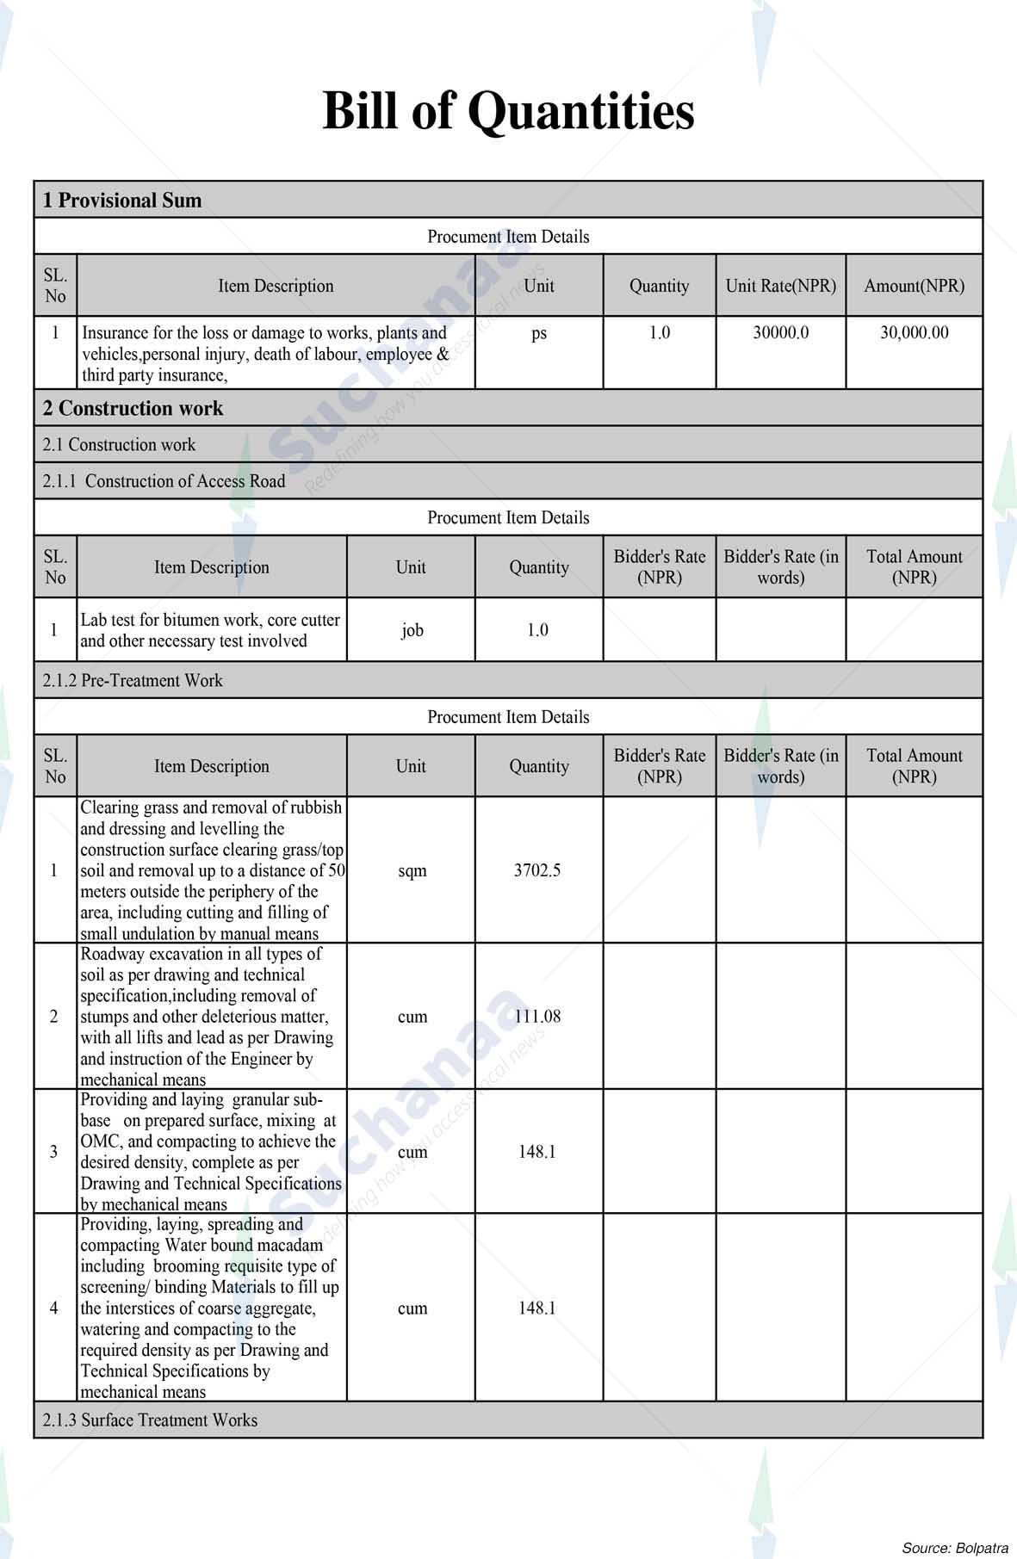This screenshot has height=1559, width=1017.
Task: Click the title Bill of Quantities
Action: click(x=508, y=111)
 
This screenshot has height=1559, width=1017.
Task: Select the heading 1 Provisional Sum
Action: click(x=122, y=201)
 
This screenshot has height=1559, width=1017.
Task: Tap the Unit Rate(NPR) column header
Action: click(x=780, y=286)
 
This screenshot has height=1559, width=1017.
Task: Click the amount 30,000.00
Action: click(x=914, y=333)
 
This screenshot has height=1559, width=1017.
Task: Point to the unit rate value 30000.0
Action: click(x=780, y=333)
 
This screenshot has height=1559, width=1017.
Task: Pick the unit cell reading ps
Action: click(x=539, y=334)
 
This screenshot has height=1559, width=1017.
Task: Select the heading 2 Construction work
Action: click(x=133, y=408)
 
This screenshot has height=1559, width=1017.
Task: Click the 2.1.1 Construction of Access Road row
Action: click(x=164, y=481)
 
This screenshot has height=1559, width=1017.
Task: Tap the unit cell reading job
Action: click(x=412, y=630)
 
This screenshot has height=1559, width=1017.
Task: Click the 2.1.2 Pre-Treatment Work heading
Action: click(x=133, y=680)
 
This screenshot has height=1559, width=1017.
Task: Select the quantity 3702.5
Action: click(x=537, y=870)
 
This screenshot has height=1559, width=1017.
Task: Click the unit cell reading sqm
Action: click(x=412, y=871)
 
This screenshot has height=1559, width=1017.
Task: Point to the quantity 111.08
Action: click(x=537, y=1017)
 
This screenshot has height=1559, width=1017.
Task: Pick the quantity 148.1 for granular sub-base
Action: click(x=537, y=1152)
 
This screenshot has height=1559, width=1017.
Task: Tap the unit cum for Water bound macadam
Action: click(x=412, y=1308)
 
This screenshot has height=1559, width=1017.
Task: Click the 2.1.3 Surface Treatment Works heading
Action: click(x=151, y=1420)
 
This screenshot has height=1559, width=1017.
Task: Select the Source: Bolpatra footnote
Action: click(x=954, y=1547)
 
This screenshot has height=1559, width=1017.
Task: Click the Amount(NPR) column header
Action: click(x=914, y=286)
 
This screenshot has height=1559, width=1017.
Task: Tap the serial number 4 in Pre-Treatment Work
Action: click(x=54, y=1308)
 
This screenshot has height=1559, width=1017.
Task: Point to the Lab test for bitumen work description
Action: click(x=210, y=630)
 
